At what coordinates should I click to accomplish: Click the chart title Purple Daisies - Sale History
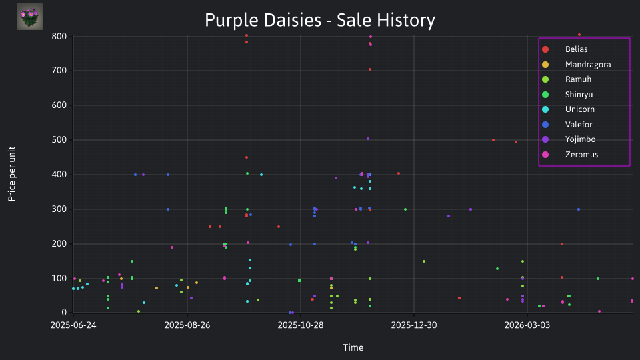point(320,20)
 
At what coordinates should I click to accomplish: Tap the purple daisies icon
point(30,17)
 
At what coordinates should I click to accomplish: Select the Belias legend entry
point(576,49)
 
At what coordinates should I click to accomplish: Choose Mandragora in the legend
point(588,65)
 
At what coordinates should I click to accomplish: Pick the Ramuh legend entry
point(578,79)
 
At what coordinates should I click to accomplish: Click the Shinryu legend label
point(579,95)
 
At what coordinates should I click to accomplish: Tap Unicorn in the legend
point(579,109)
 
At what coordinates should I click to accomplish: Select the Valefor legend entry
point(579,125)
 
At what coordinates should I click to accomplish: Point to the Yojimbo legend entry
point(580,139)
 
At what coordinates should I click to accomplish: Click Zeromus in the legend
point(581,155)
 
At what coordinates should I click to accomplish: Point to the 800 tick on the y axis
point(59,36)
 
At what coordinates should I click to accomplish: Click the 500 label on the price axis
point(59,139)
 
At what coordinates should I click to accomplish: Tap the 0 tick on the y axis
point(64,313)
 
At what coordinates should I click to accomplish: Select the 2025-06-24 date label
point(73,325)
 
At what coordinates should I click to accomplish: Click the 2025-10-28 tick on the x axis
point(301,325)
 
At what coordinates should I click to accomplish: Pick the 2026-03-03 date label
point(527,325)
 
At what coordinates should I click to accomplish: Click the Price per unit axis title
point(12,174)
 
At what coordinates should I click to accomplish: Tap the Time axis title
point(353,347)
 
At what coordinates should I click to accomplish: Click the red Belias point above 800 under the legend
point(579,35)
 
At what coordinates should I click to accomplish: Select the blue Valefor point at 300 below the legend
point(579,209)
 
